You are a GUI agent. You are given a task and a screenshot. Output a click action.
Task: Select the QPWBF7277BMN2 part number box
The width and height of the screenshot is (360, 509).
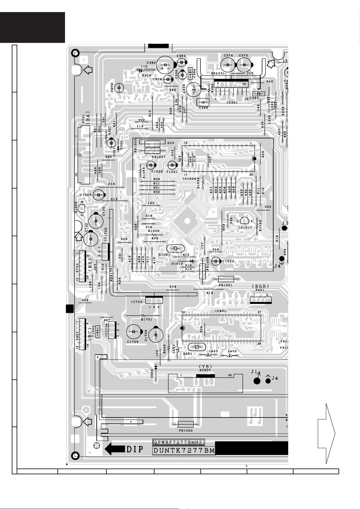pos(178,443)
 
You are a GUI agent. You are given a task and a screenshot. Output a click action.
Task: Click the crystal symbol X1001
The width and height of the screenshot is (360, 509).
pos(175,248)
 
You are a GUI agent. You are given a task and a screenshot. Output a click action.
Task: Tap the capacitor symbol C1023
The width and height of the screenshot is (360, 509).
pos(216,261)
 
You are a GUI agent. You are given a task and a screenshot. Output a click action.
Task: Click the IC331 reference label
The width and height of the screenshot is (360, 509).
pos(232,103)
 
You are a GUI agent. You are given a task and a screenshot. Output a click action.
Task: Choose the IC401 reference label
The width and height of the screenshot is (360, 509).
pos(220,311)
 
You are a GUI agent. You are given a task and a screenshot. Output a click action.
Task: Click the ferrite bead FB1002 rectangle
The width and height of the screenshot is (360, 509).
pos(186,424)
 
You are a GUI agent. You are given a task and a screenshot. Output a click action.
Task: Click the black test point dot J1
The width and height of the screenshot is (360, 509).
pos(257,381)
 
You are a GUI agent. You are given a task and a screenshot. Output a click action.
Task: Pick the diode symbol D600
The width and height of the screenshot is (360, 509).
pos(156,368)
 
